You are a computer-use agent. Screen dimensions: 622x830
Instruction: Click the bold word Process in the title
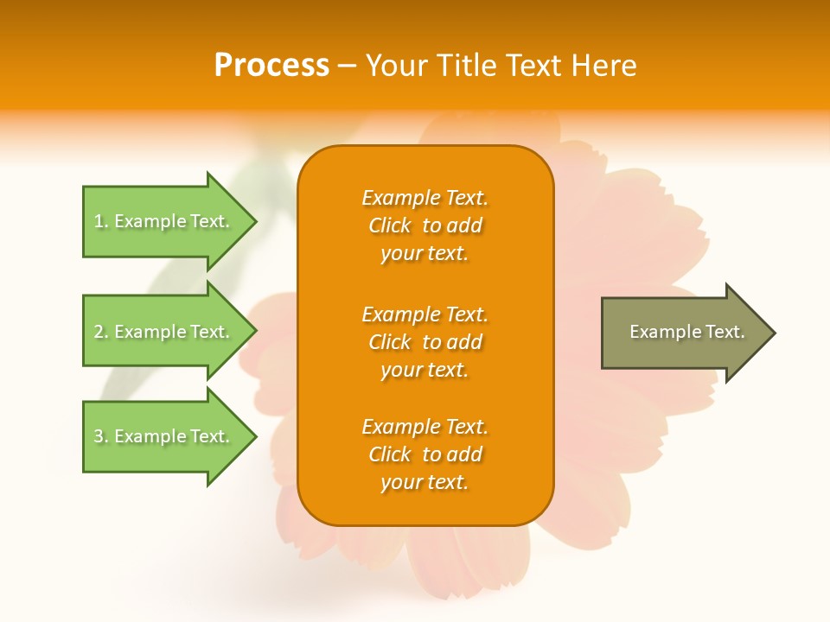tap(271, 66)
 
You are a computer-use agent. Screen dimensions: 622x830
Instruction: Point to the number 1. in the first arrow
tap(101, 221)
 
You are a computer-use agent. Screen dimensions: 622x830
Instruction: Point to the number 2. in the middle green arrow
tap(101, 332)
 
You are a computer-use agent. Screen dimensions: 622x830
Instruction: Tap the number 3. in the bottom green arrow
tap(101, 436)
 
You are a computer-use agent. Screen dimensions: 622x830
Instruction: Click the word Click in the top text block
tap(390, 225)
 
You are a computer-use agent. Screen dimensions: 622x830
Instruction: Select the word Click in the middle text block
tap(390, 342)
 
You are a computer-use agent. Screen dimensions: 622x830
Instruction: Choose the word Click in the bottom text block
tap(390, 454)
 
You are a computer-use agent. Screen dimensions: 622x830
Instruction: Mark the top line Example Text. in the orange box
tap(425, 198)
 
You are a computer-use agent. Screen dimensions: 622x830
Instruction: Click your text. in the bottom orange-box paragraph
tap(425, 482)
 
